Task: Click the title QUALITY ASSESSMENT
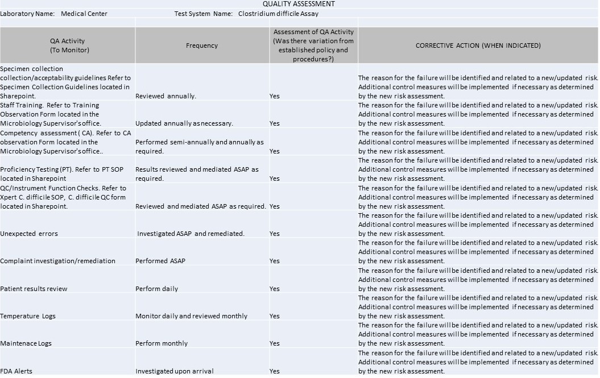(x=299, y=4)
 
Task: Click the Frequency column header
(x=202, y=45)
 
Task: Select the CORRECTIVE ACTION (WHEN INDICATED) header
(x=478, y=45)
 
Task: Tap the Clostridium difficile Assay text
(x=278, y=14)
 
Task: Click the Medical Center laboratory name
(x=84, y=14)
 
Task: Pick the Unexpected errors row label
(x=29, y=234)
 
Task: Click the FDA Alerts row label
(x=16, y=371)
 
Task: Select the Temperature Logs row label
(x=28, y=316)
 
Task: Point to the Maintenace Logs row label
(x=26, y=343)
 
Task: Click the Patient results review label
(x=34, y=289)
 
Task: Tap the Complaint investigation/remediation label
(x=57, y=261)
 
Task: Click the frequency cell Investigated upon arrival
(x=175, y=371)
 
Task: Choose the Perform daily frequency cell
(x=156, y=289)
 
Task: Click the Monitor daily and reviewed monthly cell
(x=191, y=316)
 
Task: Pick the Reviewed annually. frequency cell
(x=165, y=96)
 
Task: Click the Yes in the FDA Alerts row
(x=275, y=371)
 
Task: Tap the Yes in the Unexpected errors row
(x=275, y=234)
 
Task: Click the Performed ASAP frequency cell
(x=160, y=261)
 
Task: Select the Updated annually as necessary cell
(x=184, y=123)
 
